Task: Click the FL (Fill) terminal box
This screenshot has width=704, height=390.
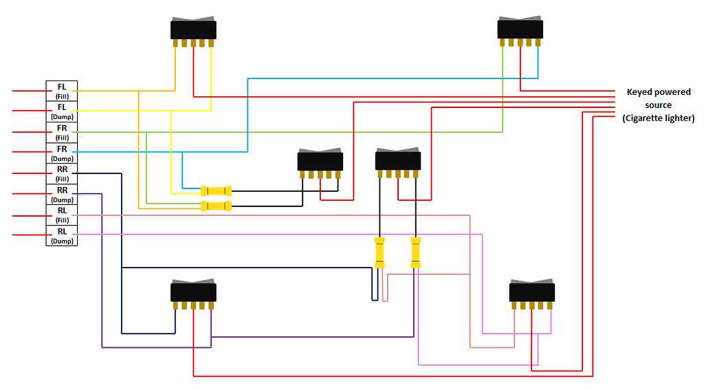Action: tap(62, 90)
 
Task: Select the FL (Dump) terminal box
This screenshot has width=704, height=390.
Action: tap(62, 111)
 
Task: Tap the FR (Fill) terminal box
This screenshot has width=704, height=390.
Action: tap(62, 131)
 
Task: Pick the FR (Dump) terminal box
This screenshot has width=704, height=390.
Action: tap(62, 152)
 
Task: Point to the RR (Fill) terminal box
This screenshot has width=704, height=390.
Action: tap(62, 173)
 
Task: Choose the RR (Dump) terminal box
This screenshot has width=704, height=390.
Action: tap(62, 194)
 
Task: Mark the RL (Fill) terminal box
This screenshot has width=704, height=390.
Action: tap(62, 215)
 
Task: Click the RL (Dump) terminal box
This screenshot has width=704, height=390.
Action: tap(62, 235)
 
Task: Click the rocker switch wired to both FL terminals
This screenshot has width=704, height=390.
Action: tap(193, 30)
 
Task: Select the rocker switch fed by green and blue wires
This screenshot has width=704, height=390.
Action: tap(520, 30)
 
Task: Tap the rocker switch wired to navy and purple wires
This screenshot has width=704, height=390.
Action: tap(193, 292)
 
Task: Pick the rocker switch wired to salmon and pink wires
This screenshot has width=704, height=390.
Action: tap(531, 292)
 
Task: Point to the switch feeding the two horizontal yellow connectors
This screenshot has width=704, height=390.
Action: tap(320, 162)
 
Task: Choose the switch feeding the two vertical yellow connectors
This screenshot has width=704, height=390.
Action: tap(397, 160)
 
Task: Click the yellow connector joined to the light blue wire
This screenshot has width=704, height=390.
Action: tap(216, 191)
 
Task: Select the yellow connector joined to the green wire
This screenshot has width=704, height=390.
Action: tap(216, 206)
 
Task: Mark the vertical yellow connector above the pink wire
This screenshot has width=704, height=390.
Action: tap(415, 252)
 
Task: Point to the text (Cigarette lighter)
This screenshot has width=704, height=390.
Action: tap(658, 118)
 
